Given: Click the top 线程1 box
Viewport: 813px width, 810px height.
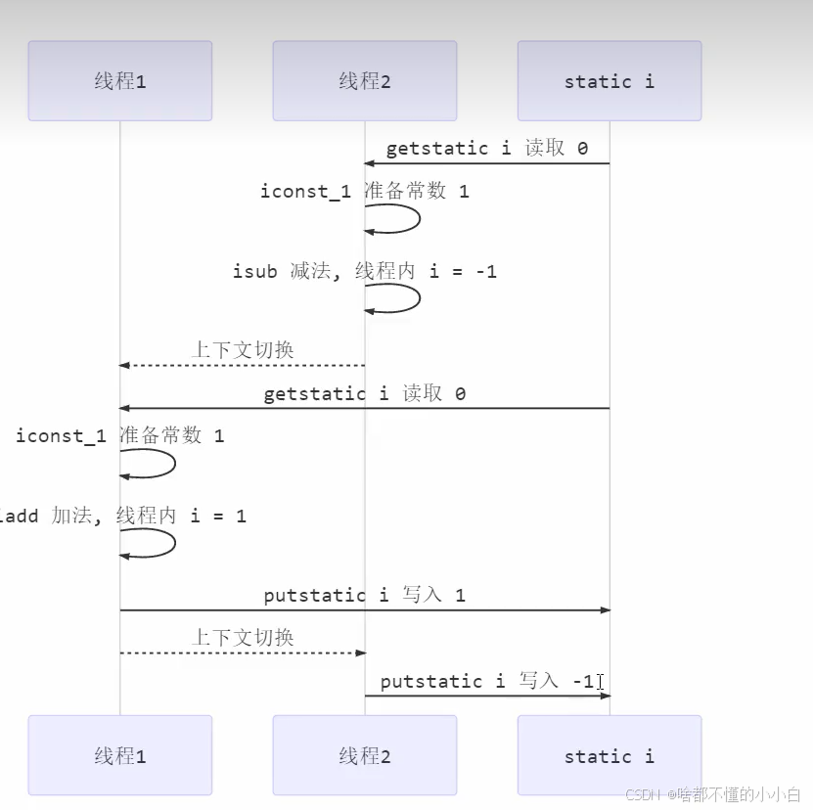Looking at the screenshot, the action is (120, 81).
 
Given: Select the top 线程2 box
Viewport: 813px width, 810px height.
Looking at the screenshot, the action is (365, 81).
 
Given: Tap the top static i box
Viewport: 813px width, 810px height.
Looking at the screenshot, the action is (610, 81).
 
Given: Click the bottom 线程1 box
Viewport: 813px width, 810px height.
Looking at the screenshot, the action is (120, 755).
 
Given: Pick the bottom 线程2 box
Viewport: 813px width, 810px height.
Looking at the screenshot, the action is (365, 755).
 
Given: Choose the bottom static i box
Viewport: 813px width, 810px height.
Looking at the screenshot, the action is (610, 755).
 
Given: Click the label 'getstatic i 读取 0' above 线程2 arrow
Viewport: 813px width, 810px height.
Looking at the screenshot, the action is (486, 149).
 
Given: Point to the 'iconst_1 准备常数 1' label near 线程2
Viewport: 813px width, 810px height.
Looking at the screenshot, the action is (364, 191).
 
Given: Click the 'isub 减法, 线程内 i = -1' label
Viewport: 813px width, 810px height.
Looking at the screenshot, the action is (364, 271).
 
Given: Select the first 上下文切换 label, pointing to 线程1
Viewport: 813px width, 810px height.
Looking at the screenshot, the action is (243, 349).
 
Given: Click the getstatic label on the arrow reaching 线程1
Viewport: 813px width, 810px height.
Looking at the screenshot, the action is (364, 394).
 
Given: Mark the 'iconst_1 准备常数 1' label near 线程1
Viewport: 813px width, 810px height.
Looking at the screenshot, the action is (119, 435).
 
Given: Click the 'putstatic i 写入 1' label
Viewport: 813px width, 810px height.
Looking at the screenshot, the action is (364, 595).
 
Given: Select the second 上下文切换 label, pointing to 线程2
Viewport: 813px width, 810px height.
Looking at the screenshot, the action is (243, 637).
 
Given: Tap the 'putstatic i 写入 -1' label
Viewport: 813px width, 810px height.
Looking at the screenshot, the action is (486, 681).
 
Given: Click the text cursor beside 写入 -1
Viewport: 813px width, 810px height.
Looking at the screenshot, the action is (600, 682).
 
